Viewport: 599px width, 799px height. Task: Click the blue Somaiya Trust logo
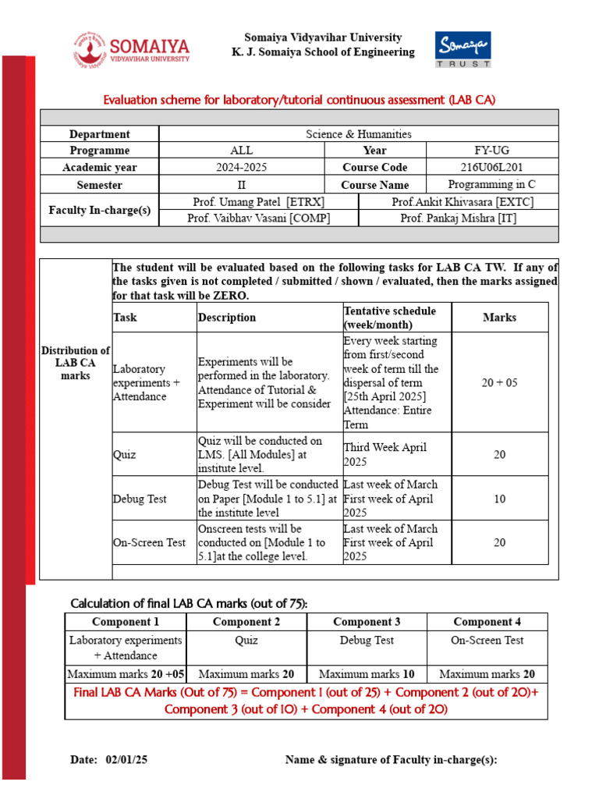coord(463,50)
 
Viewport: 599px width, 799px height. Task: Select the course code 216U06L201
coord(492,167)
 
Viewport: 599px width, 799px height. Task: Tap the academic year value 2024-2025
coord(241,167)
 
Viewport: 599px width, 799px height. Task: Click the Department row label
coord(99,134)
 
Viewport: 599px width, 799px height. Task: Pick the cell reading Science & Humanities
coord(358,134)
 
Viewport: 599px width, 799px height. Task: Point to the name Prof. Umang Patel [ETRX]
coord(258,201)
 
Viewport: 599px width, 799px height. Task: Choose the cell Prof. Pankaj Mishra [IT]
coord(458,218)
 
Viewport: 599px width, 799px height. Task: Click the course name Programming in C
coord(492,184)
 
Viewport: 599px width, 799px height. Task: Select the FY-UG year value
coord(492,150)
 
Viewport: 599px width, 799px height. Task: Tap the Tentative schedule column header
coord(390,318)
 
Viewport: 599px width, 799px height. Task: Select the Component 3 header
coord(367,622)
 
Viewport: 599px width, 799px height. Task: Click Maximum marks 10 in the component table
coord(367,674)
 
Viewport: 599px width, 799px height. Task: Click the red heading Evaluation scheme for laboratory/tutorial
coord(300,100)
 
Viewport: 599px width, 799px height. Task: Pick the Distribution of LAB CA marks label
coord(76,363)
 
